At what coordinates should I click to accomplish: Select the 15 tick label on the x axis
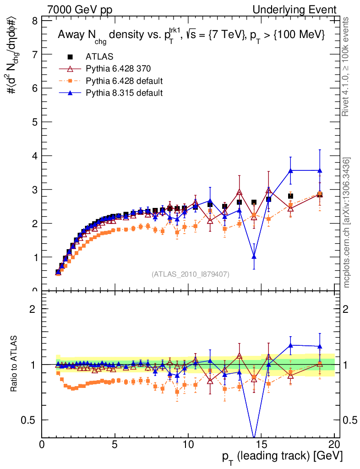click(261, 444)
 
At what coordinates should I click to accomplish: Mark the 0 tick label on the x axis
click(42, 444)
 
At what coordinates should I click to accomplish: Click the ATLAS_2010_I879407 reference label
click(191, 274)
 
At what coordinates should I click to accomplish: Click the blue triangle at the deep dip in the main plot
click(254, 256)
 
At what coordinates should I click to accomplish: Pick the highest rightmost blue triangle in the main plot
click(320, 170)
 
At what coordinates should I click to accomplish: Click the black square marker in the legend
click(71, 56)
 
